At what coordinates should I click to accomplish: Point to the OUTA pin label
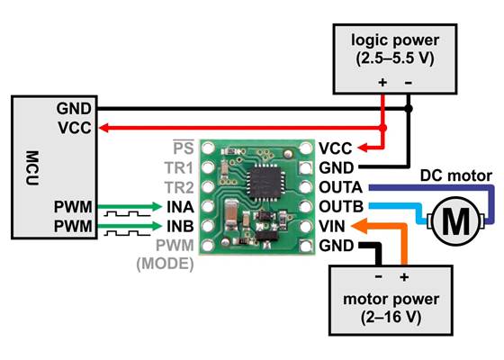341,188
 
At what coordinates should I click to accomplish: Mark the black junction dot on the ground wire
409,109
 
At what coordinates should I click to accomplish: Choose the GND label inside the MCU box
76,109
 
